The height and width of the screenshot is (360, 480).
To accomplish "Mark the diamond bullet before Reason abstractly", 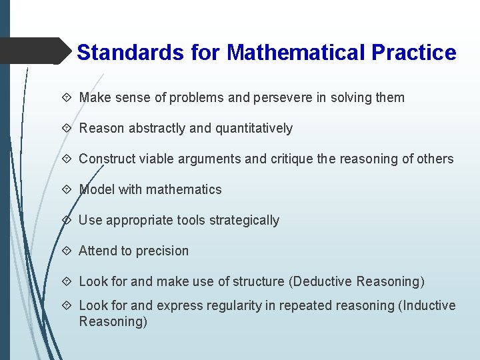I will tap(69, 128).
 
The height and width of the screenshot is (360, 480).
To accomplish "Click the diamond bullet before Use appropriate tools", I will tap(69, 220).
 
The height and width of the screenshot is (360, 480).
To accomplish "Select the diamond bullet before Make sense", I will tap(69, 97).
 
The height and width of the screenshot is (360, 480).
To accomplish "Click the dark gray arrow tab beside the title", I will tap(37, 51).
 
